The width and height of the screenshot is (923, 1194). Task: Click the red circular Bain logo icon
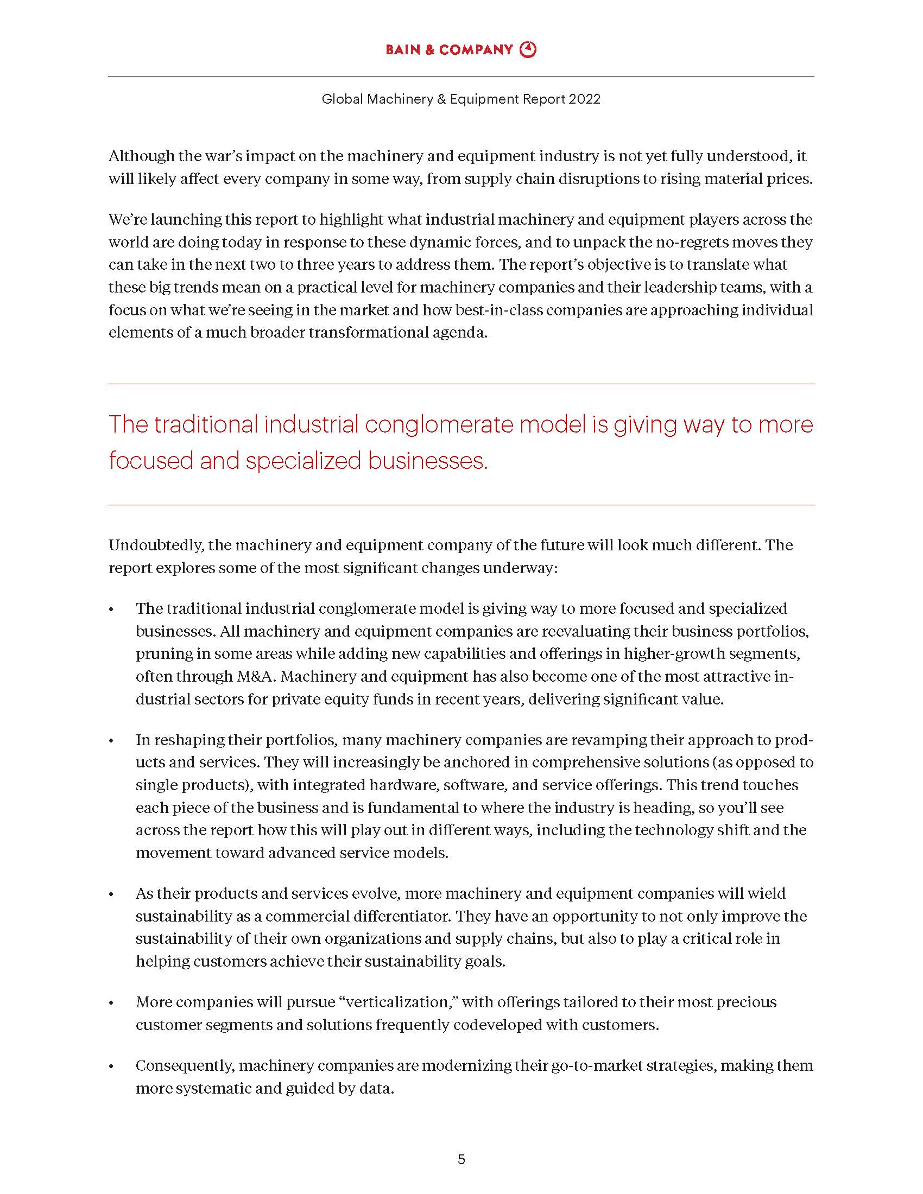pos(528,50)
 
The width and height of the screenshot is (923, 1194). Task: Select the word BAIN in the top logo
pos(403,50)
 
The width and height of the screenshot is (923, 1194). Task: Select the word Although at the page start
pos(141,156)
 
